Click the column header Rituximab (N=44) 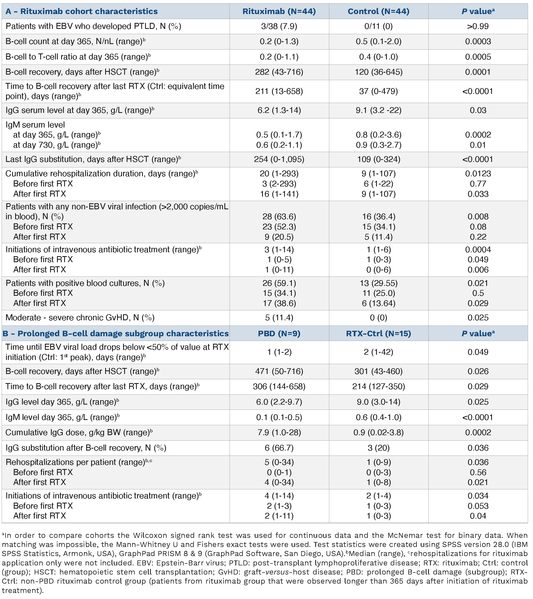click(279, 11)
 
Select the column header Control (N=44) click(378, 11)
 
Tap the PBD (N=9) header click(279, 334)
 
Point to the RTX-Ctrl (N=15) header click(378, 334)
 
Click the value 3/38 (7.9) click(279, 26)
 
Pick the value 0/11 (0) click(378, 26)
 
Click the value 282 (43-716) click(279, 72)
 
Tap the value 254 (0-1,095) click(279, 159)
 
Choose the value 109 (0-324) click(378, 159)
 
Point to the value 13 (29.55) click(378, 283)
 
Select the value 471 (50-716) click(279, 372)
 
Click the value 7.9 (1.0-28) click(279, 433)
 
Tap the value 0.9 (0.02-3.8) click(378, 433)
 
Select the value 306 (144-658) click(279, 387)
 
